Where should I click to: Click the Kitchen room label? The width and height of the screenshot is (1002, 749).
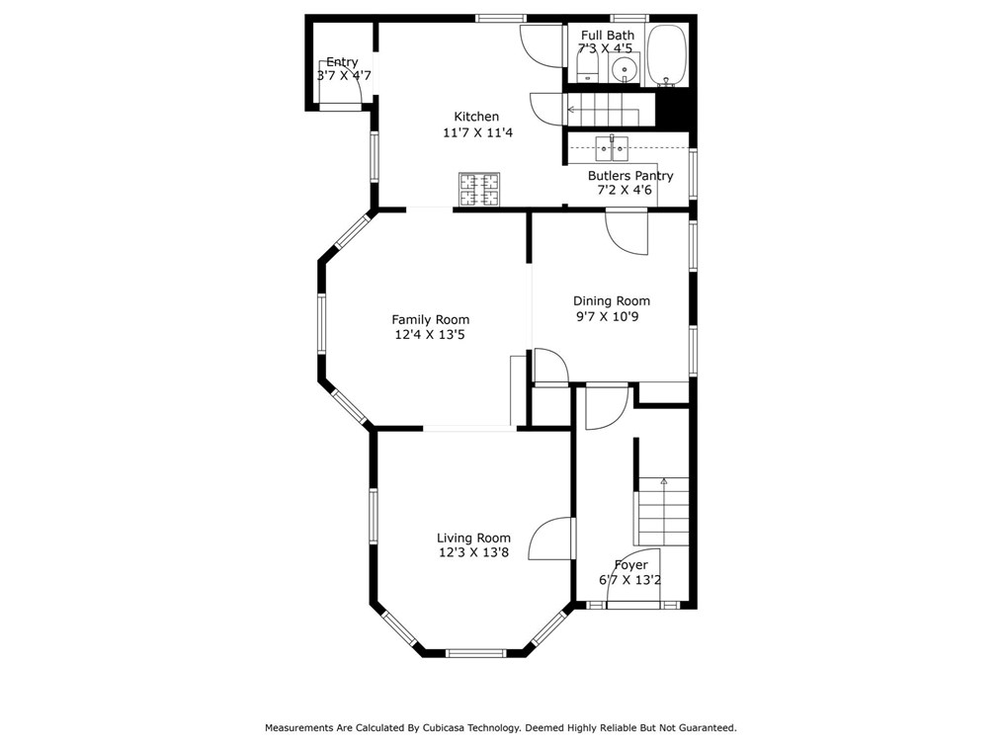476,117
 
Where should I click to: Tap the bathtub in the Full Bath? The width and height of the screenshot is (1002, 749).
666,55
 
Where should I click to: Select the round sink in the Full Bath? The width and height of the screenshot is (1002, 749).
624,68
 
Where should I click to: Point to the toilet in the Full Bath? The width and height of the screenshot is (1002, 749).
587,67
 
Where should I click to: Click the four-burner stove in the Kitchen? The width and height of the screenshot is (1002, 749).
478,190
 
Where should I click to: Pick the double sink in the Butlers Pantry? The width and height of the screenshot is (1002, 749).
612,148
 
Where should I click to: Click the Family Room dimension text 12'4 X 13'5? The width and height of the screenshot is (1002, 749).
430,334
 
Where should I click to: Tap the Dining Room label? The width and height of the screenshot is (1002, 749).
612,300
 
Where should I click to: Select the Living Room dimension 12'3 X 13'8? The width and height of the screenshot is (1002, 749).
473,552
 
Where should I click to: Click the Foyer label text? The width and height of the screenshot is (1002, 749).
630,565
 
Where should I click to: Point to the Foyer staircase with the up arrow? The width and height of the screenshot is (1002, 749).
663,511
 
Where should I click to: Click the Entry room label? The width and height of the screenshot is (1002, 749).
342,62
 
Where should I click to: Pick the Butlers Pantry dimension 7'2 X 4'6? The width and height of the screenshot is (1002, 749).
625,190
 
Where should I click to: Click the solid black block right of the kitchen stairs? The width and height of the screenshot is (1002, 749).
672,110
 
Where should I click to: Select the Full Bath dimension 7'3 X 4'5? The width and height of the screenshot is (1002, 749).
605,48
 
